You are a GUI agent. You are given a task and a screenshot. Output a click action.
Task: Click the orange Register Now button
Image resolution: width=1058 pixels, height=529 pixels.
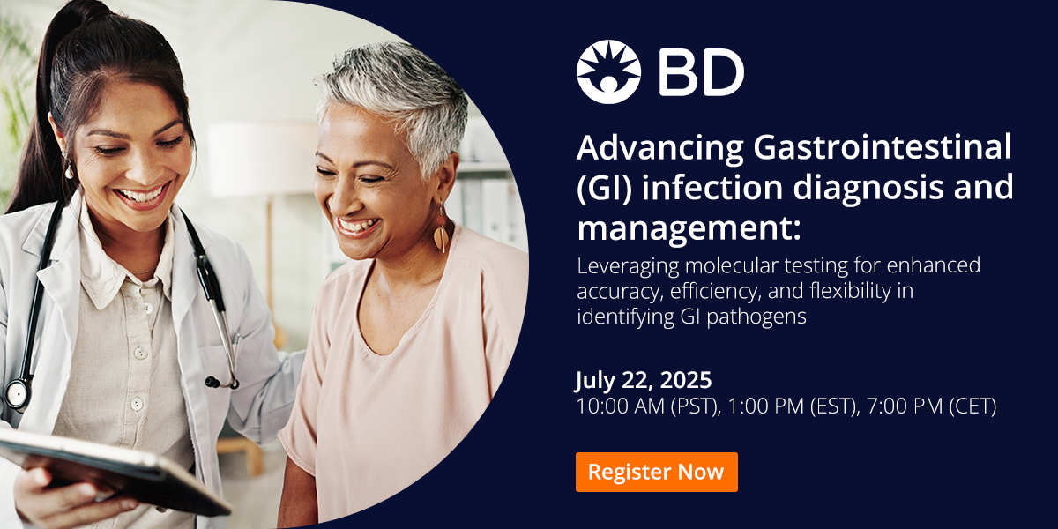(x=656, y=472)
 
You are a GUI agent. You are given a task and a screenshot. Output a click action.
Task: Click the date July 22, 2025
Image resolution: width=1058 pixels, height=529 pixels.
(x=644, y=381)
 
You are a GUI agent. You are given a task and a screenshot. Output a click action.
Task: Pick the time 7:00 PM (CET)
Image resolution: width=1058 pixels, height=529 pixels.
(x=928, y=406)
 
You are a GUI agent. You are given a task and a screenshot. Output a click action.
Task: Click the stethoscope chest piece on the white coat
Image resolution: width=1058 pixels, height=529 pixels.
(x=18, y=393)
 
